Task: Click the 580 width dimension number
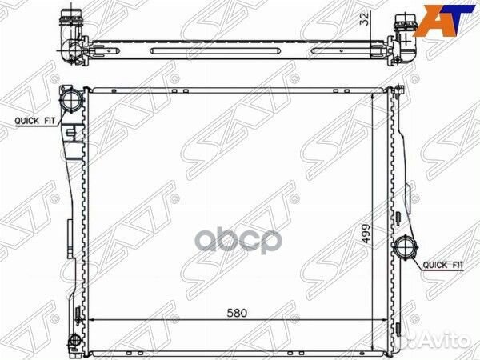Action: click(237, 313)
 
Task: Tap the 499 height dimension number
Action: click(366, 234)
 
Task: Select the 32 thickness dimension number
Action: click(365, 19)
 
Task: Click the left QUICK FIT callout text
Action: click(35, 121)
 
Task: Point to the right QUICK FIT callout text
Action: click(443, 265)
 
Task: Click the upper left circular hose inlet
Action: click(72, 99)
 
